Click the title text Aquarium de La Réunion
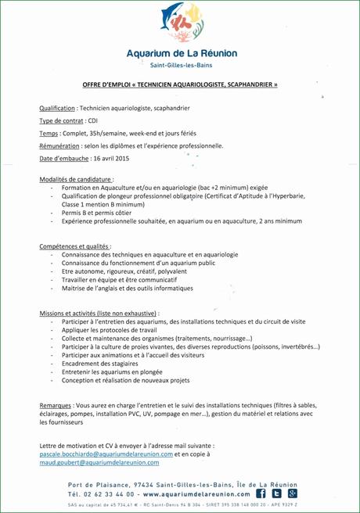pos(180,53)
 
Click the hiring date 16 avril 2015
pos(110,159)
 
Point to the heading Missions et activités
pos(98,313)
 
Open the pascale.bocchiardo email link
pos(106,454)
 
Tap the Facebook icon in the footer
pos(261,493)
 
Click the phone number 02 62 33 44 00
pos(107,494)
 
